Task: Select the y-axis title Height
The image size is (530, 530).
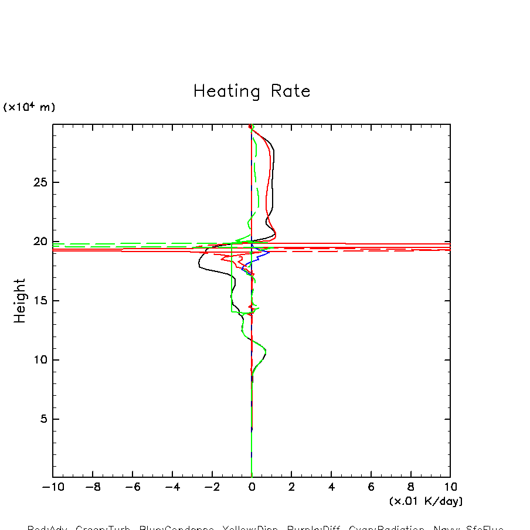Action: tap(20, 300)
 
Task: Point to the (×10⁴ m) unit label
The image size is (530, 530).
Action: tap(29, 107)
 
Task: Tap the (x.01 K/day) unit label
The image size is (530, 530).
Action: tap(426, 501)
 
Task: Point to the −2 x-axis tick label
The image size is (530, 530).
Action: tap(210, 487)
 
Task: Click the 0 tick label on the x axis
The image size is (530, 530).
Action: tap(252, 487)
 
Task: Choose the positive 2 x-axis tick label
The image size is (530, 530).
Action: tap(291, 487)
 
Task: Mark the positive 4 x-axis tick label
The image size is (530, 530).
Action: tap(331, 487)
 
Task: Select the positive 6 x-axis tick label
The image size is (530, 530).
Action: tap(371, 487)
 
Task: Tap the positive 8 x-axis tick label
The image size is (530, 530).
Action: tap(410, 487)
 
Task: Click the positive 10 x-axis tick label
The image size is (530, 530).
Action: tap(450, 487)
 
